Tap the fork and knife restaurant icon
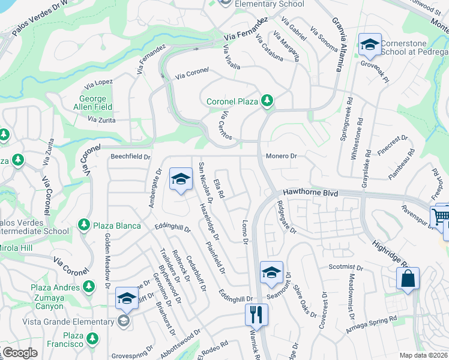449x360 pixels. [256, 315]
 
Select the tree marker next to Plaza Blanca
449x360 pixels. [84, 226]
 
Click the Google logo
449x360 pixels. [20, 353]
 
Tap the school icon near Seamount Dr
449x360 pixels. [271, 273]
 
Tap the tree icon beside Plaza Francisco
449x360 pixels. [92, 340]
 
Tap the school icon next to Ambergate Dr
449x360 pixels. [180, 179]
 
